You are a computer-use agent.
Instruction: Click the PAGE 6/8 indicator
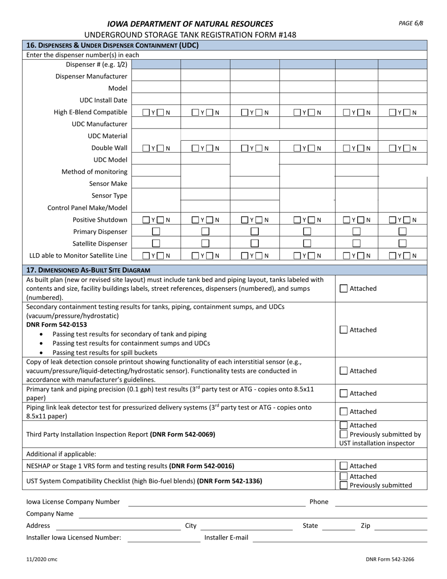411,23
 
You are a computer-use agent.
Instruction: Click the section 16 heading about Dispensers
112,46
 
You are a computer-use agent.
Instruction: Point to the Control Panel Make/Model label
88,208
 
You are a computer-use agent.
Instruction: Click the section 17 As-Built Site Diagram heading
88,270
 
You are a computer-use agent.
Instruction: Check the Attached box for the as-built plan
344,289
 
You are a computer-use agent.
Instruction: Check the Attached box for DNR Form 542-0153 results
344,330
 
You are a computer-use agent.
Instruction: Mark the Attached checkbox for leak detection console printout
344,371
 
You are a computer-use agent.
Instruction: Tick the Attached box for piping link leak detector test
344,411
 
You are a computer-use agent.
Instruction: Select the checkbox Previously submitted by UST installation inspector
344,434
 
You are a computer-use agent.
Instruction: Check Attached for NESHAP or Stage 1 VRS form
344,466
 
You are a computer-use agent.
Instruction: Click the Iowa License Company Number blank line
216,503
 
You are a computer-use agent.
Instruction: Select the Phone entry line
381,503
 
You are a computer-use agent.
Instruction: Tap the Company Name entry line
253,515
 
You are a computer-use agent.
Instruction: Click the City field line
246,526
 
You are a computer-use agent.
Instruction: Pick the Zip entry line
400,526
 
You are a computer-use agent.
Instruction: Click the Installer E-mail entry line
340,539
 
